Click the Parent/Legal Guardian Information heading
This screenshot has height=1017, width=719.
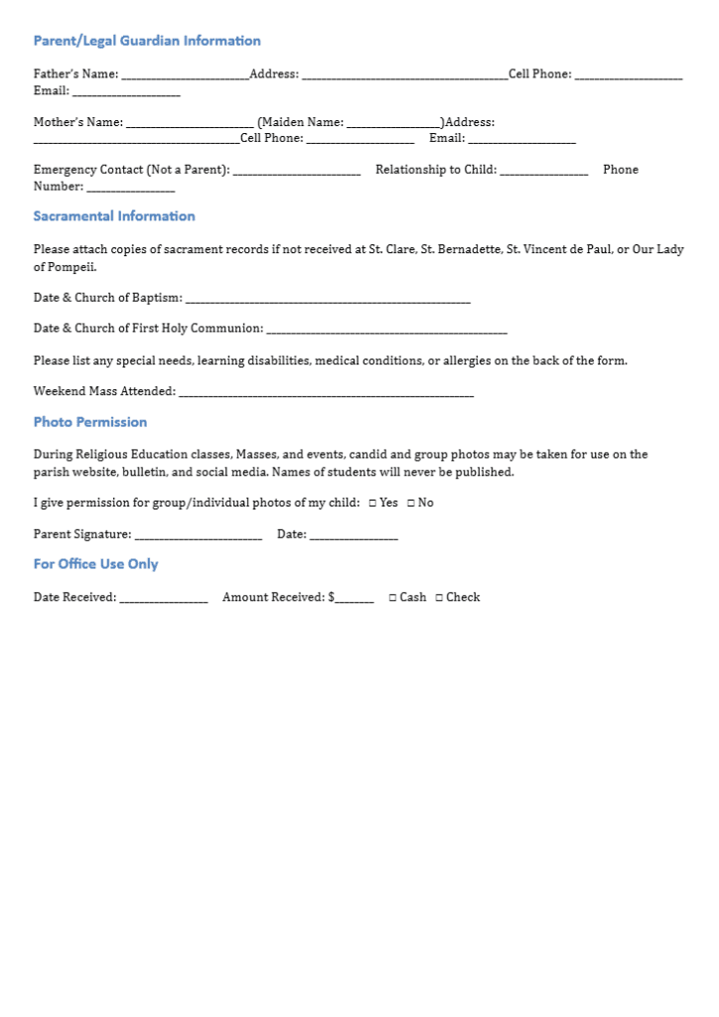pyautogui.click(x=147, y=41)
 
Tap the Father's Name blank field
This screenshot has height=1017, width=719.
pyautogui.click(x=185, y=75)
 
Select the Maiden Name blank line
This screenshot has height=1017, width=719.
pyautogui.click(x=393, y=124)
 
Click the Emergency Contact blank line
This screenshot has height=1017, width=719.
pyautogui.click(x=296, y=172)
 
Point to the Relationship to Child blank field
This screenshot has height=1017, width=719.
pyautogui.click(x=543, y=172)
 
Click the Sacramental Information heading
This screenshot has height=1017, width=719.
pyautogui.click(x=114, y=217)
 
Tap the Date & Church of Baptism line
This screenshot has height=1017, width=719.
pyautogui.click(x=328, y=300)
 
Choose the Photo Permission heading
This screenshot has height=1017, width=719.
pyautogui.click(x=90, y=422)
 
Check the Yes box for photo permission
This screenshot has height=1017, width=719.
pyautogui.click(x=372, y=504)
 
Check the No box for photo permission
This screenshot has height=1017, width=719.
pyautogui.click(x=410, y=504)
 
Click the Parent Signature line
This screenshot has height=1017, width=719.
pyautogui.click(x=198, y=536)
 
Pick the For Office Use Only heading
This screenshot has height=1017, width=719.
pyautogui.click(x=95, y=564)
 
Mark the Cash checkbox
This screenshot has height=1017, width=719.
pyautogui.click(x=392, y=598)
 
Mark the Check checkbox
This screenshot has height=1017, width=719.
pyautogui.click(x=439, y=598)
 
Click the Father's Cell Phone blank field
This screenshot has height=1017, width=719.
pyautogui.click(x=628, y=75)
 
